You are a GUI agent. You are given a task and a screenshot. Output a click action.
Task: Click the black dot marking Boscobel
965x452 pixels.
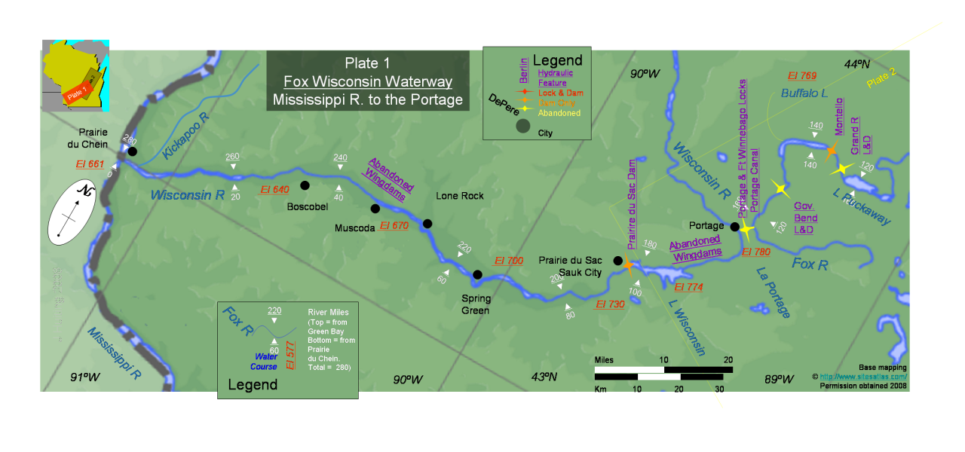305,185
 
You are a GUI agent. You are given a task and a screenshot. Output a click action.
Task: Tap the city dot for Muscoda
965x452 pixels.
375,209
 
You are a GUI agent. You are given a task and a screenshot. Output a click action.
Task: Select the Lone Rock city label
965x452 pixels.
460,196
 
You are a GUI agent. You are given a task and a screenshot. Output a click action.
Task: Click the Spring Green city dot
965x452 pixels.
477,274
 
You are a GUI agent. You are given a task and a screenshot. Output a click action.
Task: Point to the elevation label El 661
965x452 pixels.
90,164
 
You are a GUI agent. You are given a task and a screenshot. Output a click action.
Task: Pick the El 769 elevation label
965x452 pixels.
802,75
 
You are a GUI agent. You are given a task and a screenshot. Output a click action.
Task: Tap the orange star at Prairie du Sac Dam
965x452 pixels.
628,264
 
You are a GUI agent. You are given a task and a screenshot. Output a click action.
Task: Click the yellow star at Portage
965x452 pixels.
746,228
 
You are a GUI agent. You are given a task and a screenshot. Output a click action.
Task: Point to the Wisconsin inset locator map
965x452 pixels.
75,75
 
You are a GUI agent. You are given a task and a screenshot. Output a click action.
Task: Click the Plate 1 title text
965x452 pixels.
368,63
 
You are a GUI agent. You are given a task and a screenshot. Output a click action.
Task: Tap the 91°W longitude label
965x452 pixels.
84,377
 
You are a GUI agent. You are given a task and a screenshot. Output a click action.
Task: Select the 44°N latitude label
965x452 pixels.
857,65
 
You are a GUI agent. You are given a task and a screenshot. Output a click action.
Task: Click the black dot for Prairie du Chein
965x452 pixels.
133,151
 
